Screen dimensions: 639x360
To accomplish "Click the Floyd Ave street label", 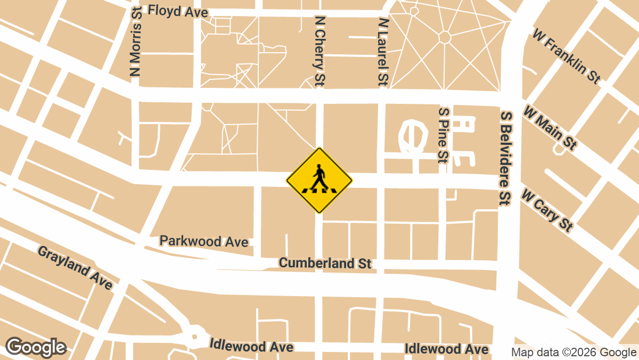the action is pyautogui.click(x=170, y=11).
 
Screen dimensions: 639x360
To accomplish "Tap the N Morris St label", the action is pyautogui.click(x=136, y=42).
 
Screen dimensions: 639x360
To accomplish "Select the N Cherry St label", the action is pyautogui.click(x=319, y=51).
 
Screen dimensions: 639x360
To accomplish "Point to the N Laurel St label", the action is pyautogui.click(x=382, y=51).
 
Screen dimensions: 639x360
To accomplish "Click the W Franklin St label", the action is pyautogui.click(x=566, y=55).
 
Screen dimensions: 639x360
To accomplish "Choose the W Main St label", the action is pyautogui.click(x=550, y=128).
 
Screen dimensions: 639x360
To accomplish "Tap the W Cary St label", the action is pyautogui.click(x=547, y=209).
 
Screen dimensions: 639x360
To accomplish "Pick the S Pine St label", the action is pyautogui.click(x=443, y=134).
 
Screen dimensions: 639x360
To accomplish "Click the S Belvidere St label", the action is pyautogui.click(x=505, y=158).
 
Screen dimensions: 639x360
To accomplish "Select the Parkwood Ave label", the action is pyautogui.click(x=204, y=241).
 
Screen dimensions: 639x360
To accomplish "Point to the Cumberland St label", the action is pyautogui.click(x=325, y=263).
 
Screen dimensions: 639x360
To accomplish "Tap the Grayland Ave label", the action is pyautogui.click(x=75, y=267).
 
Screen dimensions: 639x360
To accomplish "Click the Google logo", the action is pyautogui.click(x=36, y=347).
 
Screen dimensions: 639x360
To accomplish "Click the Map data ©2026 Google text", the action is pyautogui.click(x=574, y=352).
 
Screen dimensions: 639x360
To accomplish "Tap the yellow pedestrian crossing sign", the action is pyautogui.click(x=319, y=181).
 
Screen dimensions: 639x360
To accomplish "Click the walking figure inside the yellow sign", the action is pyautogui.click(x=319, y=177).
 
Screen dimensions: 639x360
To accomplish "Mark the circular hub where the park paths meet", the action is pyautogui.click(x=445, y=37).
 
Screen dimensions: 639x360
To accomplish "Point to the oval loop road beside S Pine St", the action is pyautogui.click(x=412, y=135).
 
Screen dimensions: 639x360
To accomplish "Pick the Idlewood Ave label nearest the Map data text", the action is pyautogui.click(x=446, y=349).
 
